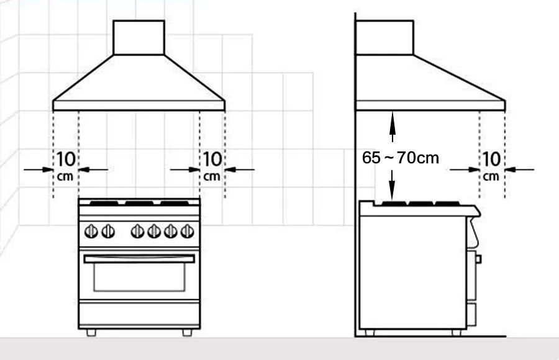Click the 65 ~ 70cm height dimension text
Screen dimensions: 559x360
[x=401, y=158]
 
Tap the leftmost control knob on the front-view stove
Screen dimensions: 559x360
[x=91, y=232]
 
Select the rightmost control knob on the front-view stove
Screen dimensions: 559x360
[x=187, y=232]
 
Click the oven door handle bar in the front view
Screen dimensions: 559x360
[x=139, y=259]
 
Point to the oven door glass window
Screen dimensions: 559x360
[x=139, y=277]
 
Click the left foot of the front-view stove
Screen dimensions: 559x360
[x=91, y=333]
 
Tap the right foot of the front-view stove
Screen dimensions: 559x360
[x=187, y=333]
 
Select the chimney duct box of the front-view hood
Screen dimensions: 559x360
[x=139, y=37]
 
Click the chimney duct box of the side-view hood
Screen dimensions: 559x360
[x=384, y=37]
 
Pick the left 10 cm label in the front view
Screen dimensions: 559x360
[x=66, y=165]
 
